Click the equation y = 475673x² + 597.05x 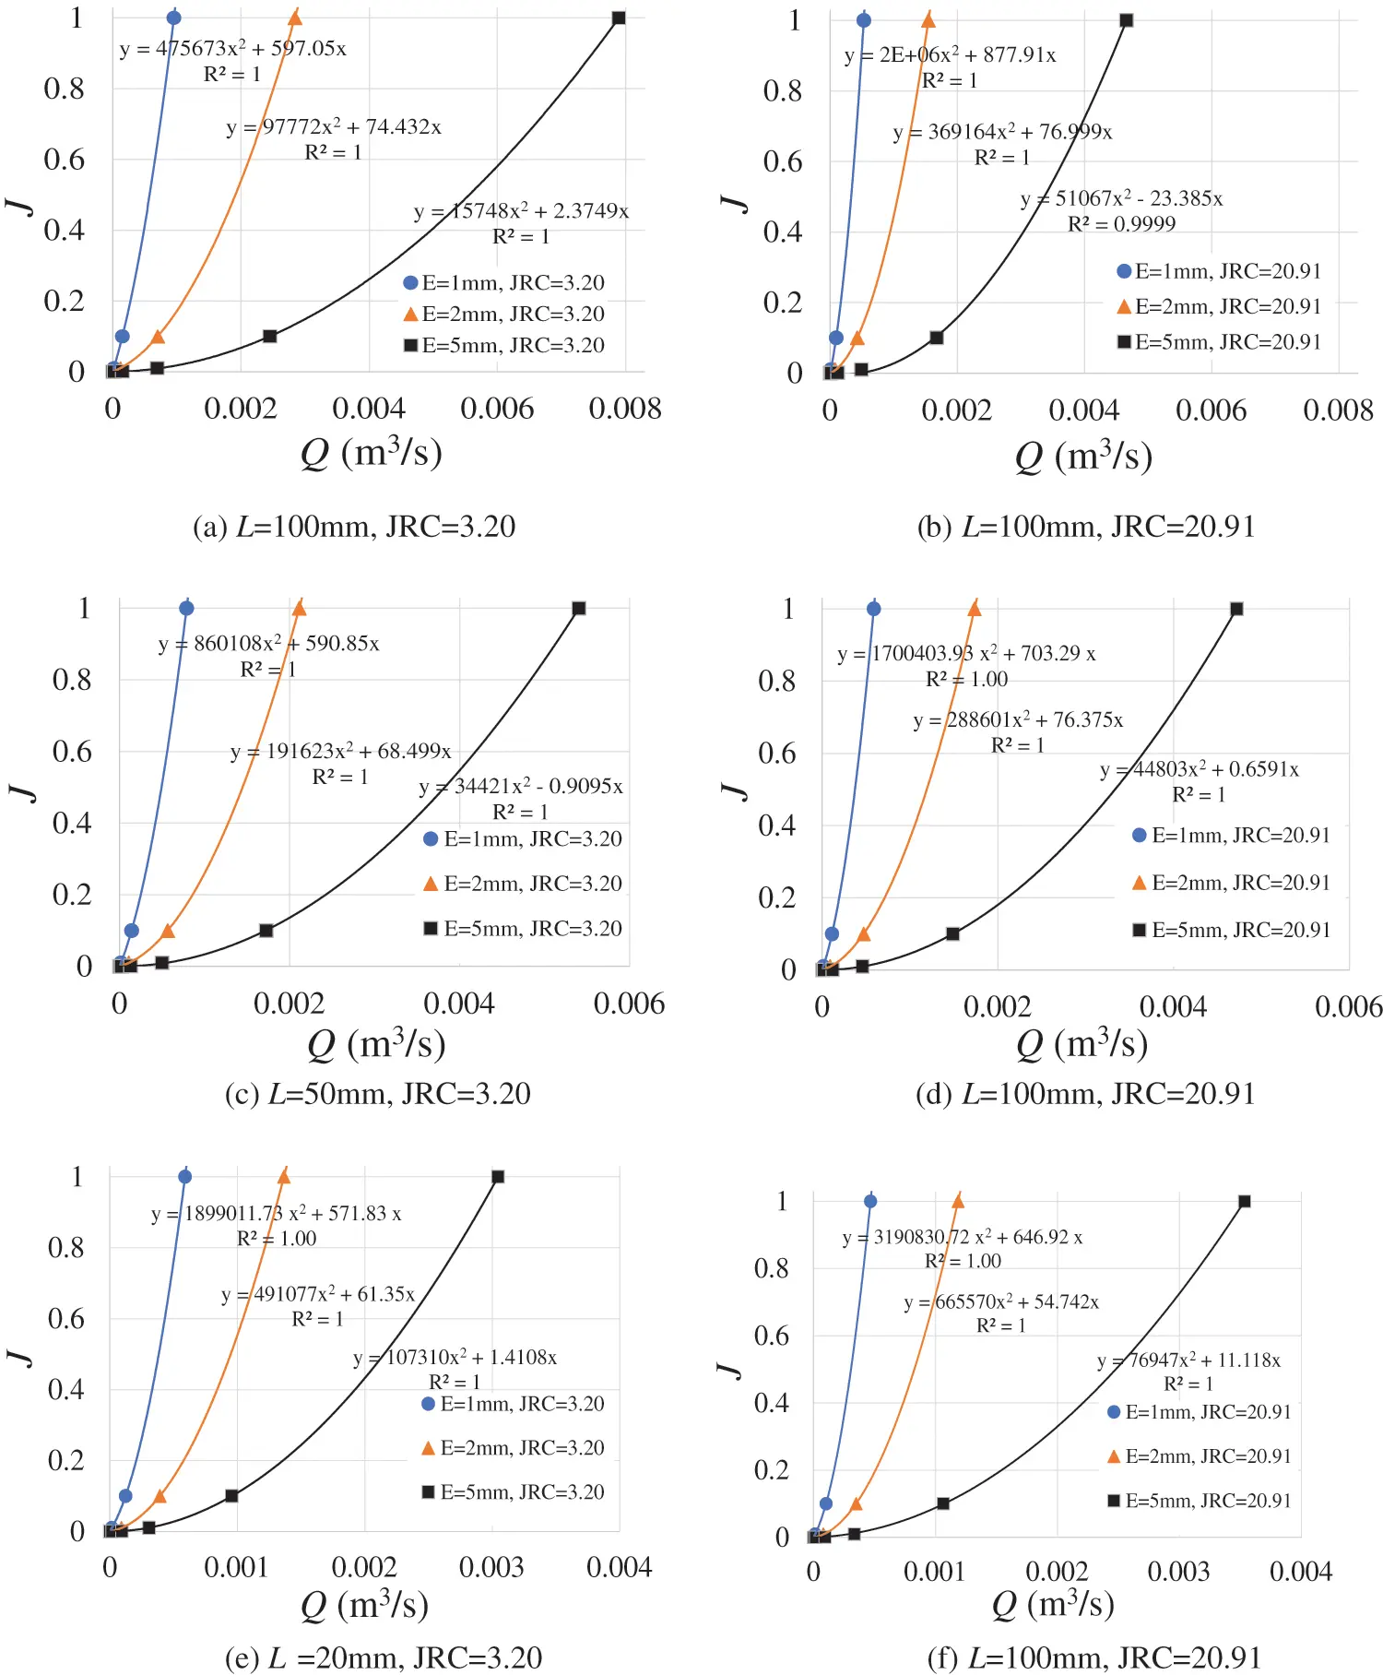tap(232, 49)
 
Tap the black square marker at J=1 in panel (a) tap(619, 18)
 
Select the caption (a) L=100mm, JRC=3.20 tap(353, 527)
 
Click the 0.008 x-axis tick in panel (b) tap(1338, 410)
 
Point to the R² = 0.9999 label tap(1121, 224)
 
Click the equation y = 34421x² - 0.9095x tap(521, 786)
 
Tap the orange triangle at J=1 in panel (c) tap(299, 608)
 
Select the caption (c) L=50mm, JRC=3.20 tap(377, 1094)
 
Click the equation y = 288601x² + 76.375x tap(1018, 719)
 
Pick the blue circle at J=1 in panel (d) tap(873, 609)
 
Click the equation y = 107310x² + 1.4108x tap(455, 1357)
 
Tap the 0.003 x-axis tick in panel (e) tap(491, 1567)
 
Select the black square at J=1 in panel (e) tap(498, 1177)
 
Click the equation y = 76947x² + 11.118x tap(1188, 1360)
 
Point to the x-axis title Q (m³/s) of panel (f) tap(1053, 1605)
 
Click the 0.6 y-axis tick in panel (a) tap(64, 160)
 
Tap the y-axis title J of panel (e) tap(20, 1356)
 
